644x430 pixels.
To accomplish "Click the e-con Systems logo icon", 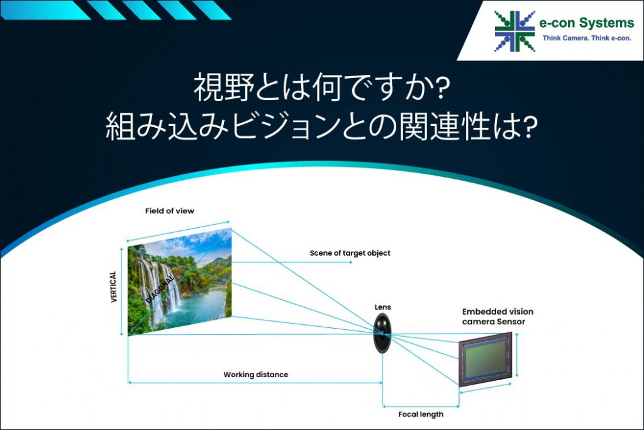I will (514, 31).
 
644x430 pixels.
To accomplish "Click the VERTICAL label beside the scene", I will (114, 286).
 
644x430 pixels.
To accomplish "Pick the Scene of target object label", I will (350, 253).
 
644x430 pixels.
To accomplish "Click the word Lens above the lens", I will (382, 307).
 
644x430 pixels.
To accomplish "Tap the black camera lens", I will (383, 332).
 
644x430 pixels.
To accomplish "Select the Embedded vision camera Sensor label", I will (494, 317).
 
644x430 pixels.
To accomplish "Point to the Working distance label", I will (255, 375).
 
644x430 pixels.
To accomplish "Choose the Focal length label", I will (421, 414).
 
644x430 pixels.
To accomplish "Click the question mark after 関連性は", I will (530, 128).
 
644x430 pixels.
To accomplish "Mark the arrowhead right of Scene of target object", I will (350, 262).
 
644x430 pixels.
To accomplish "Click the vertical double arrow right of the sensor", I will (517, 354).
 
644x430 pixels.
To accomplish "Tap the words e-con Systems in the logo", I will (587, 23).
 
